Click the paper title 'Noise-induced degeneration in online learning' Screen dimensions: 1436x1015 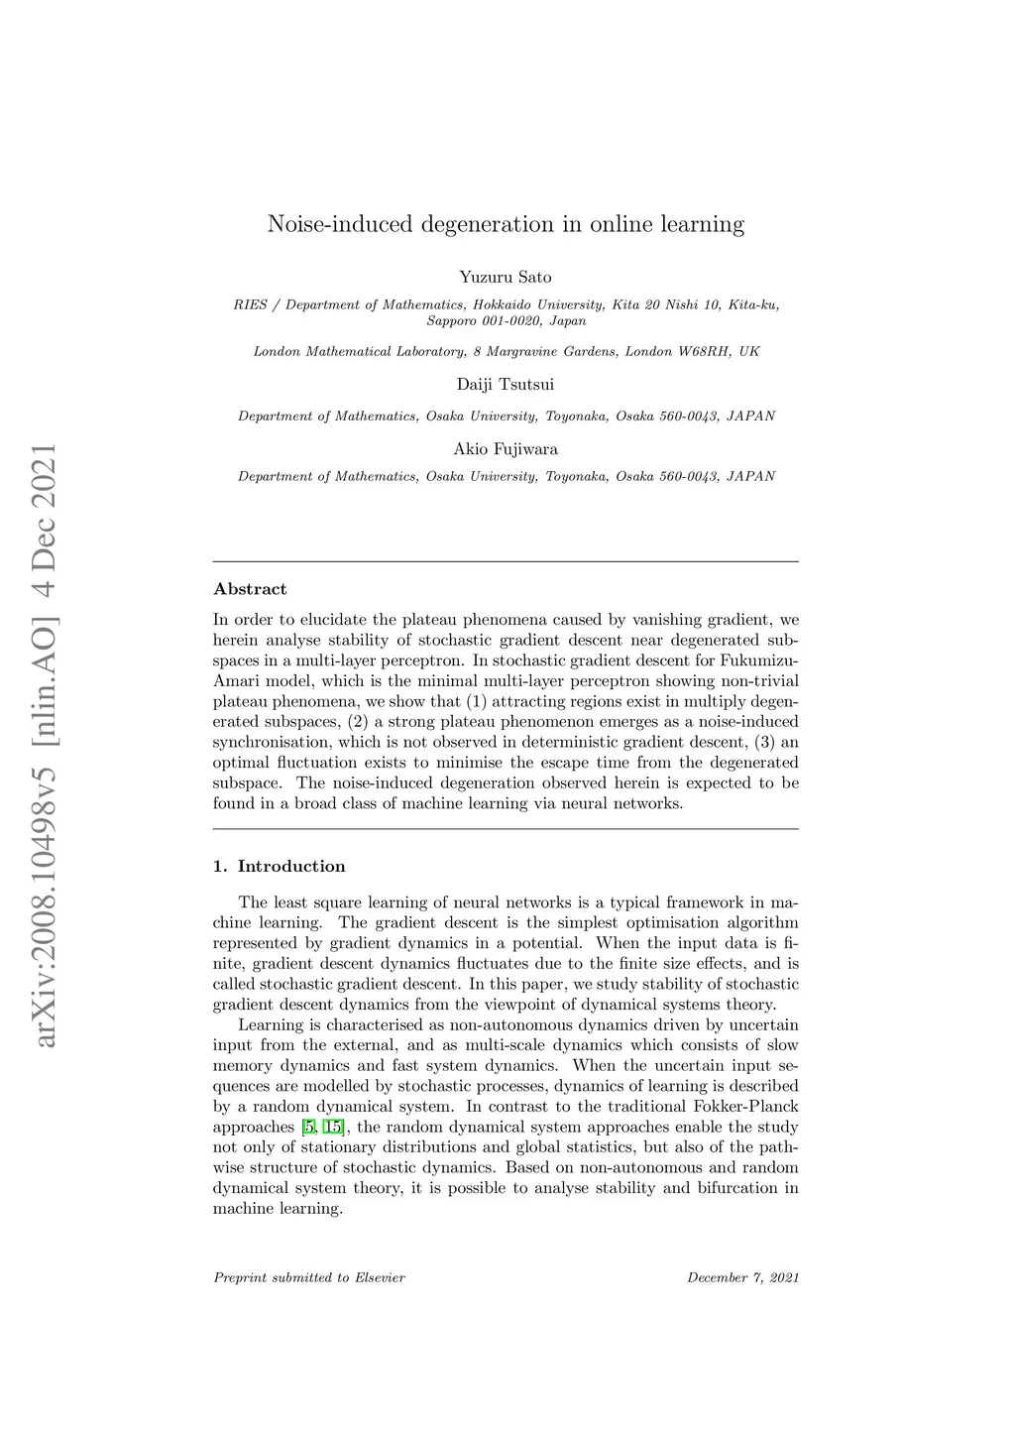[x=506, y=225]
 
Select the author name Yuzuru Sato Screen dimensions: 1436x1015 [x=506, y=278]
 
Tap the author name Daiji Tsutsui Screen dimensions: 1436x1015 [x=506, y=385]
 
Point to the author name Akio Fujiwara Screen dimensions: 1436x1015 [x=506, y=449]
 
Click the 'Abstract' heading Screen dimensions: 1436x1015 [x=250, y=589]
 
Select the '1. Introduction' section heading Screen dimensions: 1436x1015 [x=280, y=867]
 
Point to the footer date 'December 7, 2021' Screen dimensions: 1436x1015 [x=742, y=1277]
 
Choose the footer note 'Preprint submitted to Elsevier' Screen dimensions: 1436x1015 [x=309, y=1277]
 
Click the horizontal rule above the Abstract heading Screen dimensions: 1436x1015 [x=506, y=562]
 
